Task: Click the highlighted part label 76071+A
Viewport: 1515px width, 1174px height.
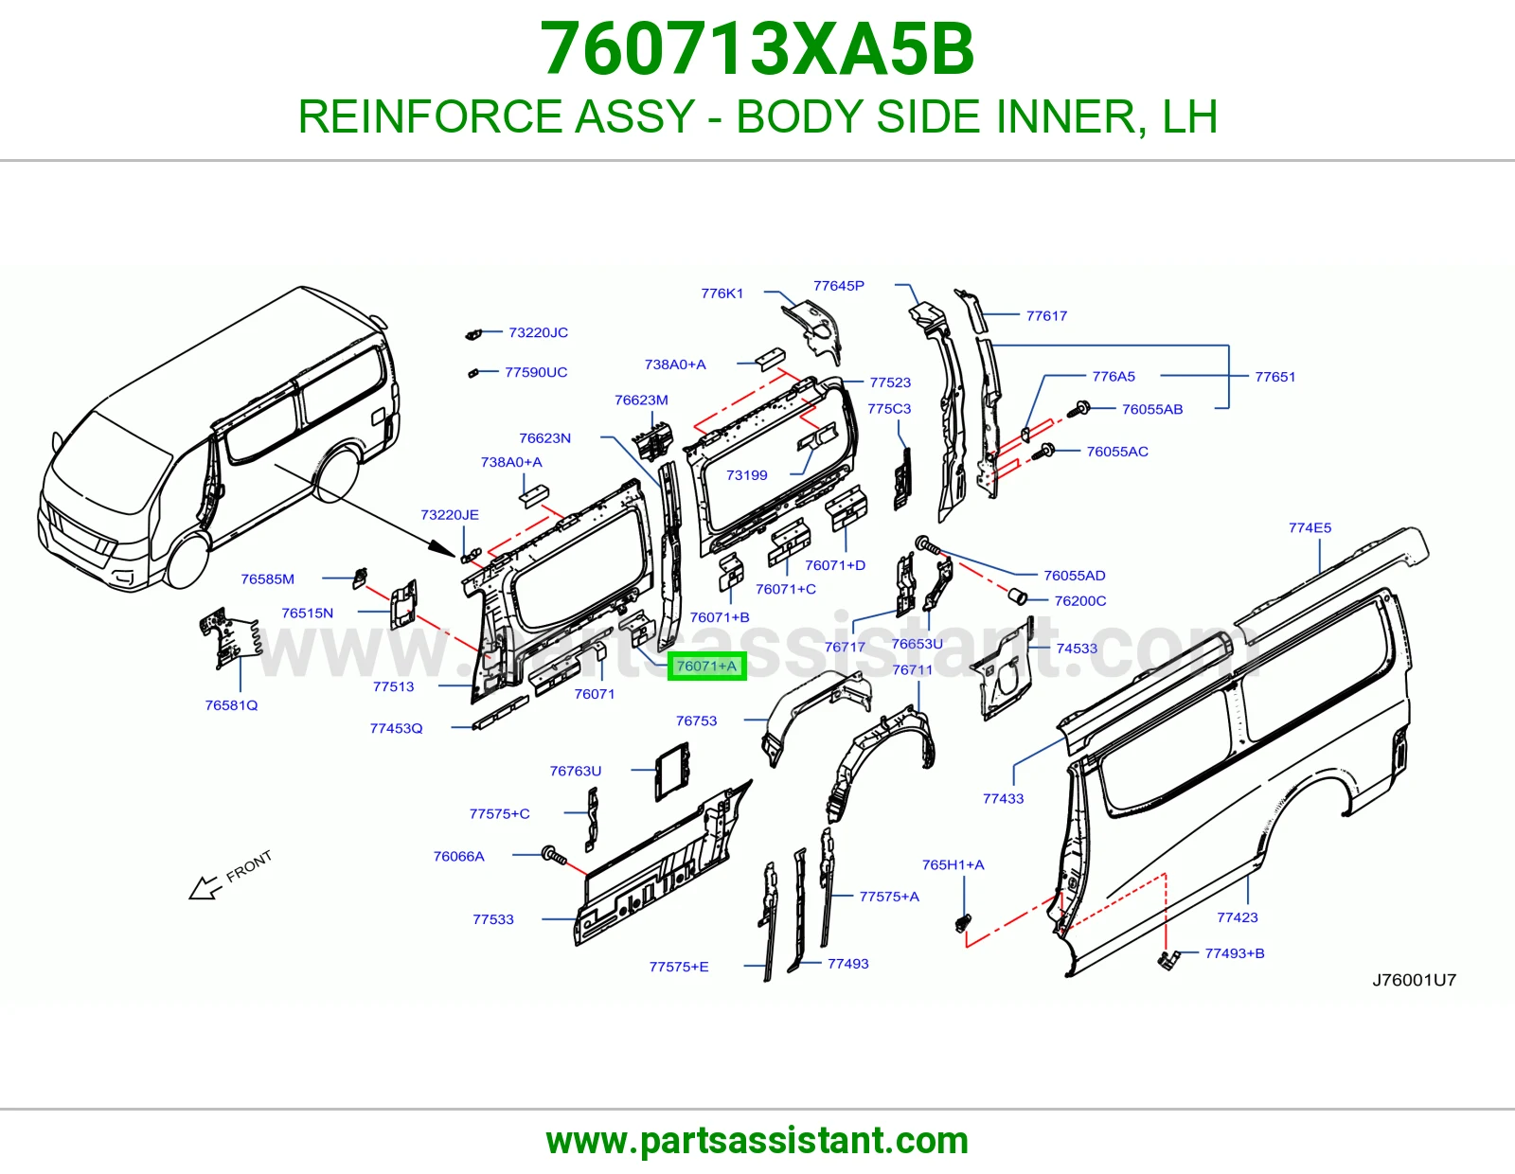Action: point(706,666)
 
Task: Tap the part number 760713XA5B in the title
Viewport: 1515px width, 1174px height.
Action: point(757,49)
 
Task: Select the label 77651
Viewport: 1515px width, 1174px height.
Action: point(1274,377)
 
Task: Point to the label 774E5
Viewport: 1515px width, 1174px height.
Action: point(1310,527)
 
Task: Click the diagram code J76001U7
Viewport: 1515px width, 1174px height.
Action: point(1414,980)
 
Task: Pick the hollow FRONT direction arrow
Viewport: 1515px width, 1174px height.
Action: point(205,887)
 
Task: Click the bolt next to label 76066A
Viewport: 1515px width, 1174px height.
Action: point(554,855)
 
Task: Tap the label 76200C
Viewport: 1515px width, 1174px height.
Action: point(1080,601)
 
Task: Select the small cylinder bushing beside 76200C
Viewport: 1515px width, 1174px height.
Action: point(1018,596)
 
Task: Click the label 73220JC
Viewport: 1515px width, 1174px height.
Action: point(538,332)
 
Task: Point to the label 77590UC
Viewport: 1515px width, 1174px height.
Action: point(535,372)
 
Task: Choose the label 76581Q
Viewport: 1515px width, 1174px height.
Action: point(231,704)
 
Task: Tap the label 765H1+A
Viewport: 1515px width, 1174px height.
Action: point(954,864)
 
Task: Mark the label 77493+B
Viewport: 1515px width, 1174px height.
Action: point(1234,953)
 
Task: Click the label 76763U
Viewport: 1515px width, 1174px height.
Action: point(575,771)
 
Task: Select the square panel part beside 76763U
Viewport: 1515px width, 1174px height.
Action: point(672,771)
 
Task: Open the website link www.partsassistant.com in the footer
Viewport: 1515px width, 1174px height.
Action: point(757,1141)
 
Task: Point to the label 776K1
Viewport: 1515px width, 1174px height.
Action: point(722,293)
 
